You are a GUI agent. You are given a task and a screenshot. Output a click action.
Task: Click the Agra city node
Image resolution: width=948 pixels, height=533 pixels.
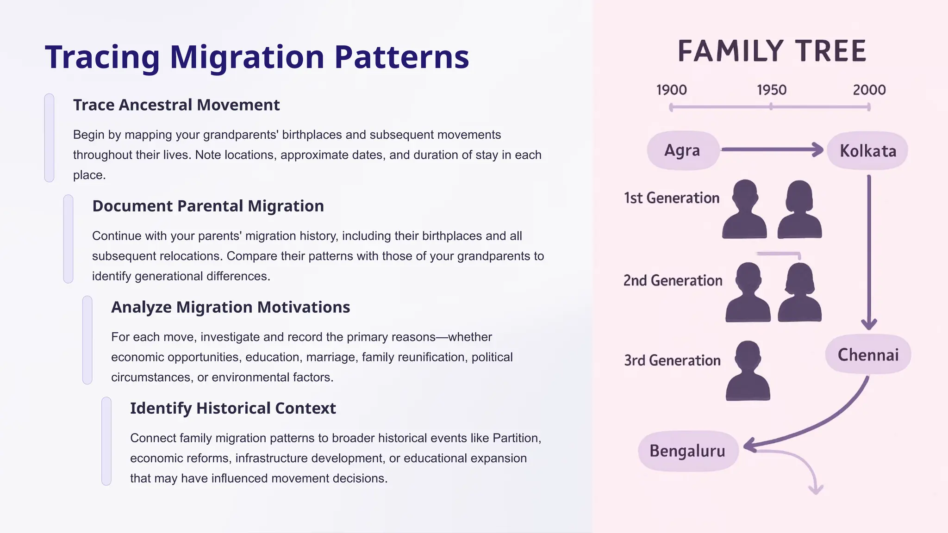(682, 150)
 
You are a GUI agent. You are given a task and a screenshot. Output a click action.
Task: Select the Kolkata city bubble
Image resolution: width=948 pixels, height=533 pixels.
(867, 151)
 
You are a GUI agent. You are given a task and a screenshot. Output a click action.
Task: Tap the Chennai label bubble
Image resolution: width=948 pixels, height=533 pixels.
(868, 355)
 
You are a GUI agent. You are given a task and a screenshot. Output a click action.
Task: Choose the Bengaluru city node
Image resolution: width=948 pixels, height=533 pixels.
(687, 451)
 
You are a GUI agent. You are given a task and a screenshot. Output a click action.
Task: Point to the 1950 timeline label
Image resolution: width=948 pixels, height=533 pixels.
(771, 90)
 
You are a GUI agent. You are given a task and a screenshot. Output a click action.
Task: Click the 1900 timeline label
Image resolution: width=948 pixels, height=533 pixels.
(671, 90)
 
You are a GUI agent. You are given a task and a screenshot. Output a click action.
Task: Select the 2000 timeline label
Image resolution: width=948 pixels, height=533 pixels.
(869, 90)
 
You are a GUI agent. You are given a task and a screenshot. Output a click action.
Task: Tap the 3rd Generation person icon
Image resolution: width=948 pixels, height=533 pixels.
(748, 371)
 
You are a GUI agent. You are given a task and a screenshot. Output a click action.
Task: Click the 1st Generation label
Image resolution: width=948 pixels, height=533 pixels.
(671, 198)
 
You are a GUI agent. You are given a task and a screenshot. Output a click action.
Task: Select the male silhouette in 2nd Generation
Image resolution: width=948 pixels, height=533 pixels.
(748, 292)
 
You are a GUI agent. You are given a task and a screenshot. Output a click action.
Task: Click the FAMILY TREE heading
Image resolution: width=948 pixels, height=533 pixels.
(772, 51)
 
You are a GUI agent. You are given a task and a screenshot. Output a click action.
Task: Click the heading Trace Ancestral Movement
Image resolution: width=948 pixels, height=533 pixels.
(176, 105)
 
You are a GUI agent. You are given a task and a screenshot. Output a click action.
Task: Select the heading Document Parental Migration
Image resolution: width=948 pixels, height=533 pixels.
(208, 206)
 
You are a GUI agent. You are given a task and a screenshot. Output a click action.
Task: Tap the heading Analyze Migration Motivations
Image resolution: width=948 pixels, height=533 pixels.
(231, 307)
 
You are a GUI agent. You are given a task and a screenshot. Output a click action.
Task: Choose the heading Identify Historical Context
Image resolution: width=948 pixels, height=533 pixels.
(233, 408)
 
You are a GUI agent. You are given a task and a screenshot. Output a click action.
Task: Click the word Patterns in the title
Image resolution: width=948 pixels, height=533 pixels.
(401, 57)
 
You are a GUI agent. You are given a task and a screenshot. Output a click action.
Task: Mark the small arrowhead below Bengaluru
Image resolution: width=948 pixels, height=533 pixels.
(816, 490)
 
